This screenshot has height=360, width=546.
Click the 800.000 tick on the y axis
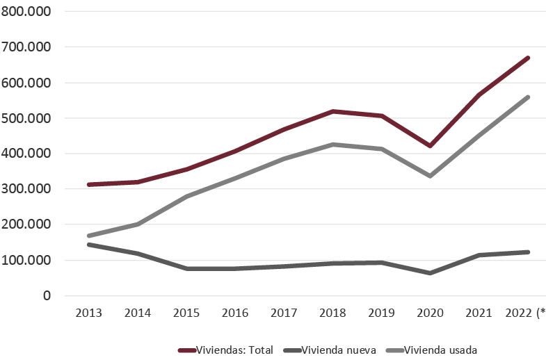(x=26, y=11)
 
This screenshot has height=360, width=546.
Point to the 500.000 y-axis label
(x=26, y=117)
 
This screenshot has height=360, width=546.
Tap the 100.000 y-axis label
(x=26, y=260)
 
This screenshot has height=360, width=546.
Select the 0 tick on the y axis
(x=46, y=295)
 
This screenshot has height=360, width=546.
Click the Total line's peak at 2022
(x=528, y=58)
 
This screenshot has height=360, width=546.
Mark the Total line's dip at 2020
(x=430, y=146)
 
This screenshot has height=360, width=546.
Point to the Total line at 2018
(x=333, y=111)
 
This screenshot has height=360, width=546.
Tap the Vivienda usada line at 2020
(x=430, y=176)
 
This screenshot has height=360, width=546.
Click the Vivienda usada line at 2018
(x=333, y=145)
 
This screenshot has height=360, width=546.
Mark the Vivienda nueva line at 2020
(x=430, y=273)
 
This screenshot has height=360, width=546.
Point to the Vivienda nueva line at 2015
(x=186, y=268)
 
